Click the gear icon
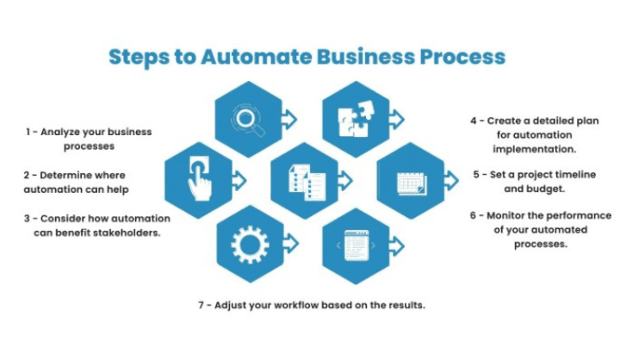250,245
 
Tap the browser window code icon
356,245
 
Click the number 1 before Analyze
28,132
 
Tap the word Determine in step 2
71,175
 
